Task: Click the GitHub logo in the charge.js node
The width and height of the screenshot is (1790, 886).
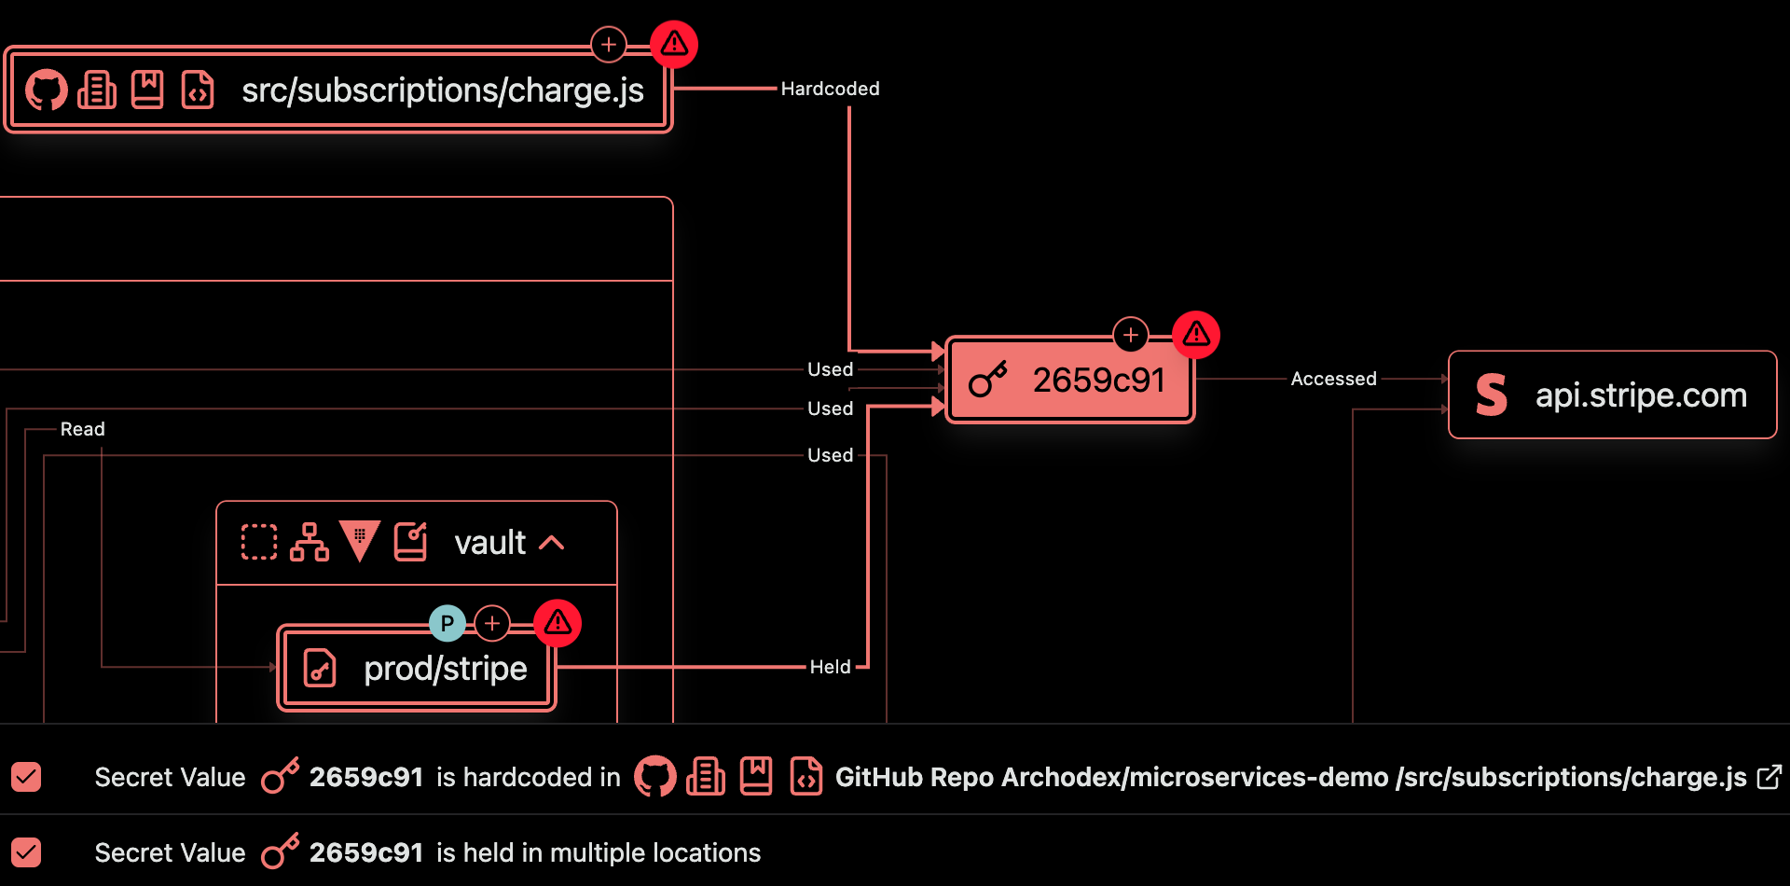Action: (46, 90)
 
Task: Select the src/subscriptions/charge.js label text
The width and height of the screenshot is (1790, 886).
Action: (442, 90)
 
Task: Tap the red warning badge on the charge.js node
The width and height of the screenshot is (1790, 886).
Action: (674, 44)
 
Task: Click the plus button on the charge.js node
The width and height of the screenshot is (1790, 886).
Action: (609, 44)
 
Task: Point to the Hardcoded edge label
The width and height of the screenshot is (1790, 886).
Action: (830, 89)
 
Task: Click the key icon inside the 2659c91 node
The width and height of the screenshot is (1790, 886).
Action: (988, 380)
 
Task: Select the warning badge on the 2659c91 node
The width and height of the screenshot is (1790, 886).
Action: (1196, 334)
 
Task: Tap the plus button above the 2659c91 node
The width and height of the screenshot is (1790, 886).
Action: (1131, 334)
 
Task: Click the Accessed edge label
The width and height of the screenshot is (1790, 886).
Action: (1333, 379)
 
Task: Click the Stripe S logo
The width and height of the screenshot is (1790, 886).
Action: (1492, 395)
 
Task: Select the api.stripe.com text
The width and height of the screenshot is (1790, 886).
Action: (1641, 395)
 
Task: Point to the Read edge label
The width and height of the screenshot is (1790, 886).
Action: (82, 429)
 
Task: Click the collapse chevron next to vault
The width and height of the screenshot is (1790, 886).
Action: (552, 543)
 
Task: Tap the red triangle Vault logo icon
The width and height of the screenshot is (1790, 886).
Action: (360, 541)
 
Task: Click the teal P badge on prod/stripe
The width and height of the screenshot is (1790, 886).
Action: (447, 623)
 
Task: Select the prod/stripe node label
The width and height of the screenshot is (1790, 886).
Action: (445, 668)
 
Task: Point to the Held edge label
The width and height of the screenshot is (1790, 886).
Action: (830, 667)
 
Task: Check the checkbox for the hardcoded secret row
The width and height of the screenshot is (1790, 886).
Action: (26, 777)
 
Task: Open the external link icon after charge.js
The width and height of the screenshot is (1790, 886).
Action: (1769, 777)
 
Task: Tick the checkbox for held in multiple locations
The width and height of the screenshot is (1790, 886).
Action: (26, 852)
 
